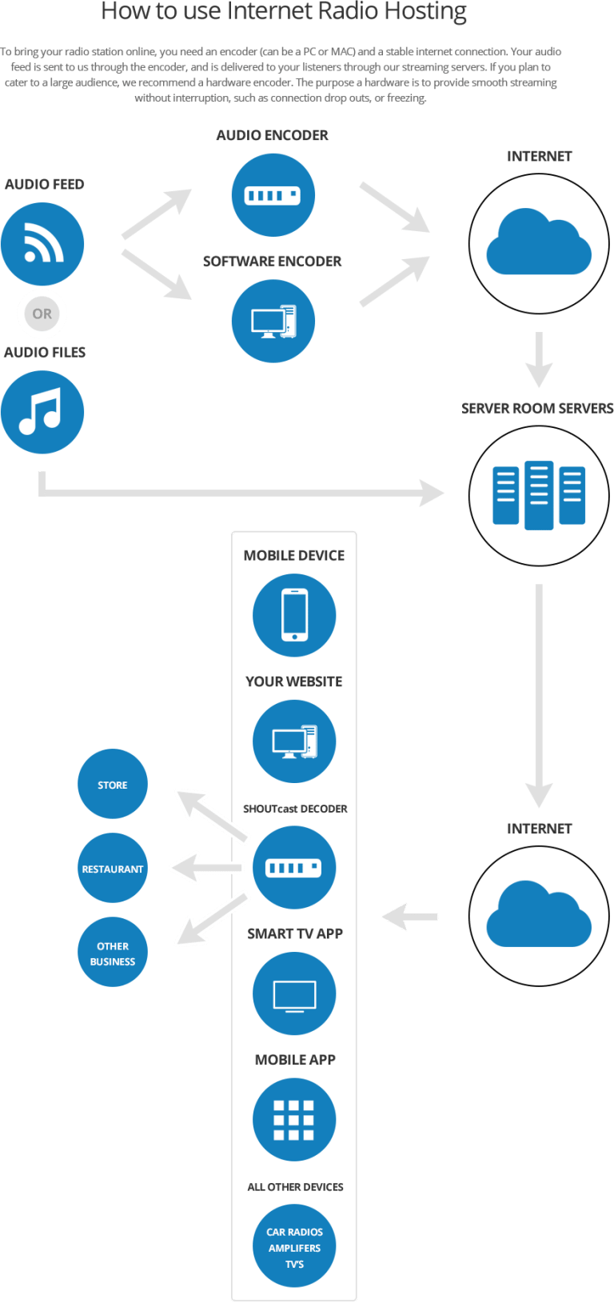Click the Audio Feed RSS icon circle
tap(42, 244)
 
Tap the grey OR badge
tap(42, 314)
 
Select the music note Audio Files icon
tap(42, 412)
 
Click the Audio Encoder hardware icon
tap(273, 195)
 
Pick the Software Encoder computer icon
tap(273, 321)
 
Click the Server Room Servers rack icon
tap(539, 495)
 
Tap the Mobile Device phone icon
tap(294, 615)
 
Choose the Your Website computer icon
tap(294, 741)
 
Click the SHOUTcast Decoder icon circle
tap(294, 867)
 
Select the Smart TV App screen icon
tap(294, 993)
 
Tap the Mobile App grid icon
tap(294, 1119)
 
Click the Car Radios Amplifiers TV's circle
tap(294, 1245)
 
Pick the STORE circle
tap(113, 784)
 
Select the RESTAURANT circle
tap(113, 868)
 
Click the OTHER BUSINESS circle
tap(113, 952)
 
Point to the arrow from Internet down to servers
tap(539, 359)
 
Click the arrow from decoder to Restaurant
tap(207, 868)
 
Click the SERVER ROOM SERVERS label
tap(537, 408)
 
